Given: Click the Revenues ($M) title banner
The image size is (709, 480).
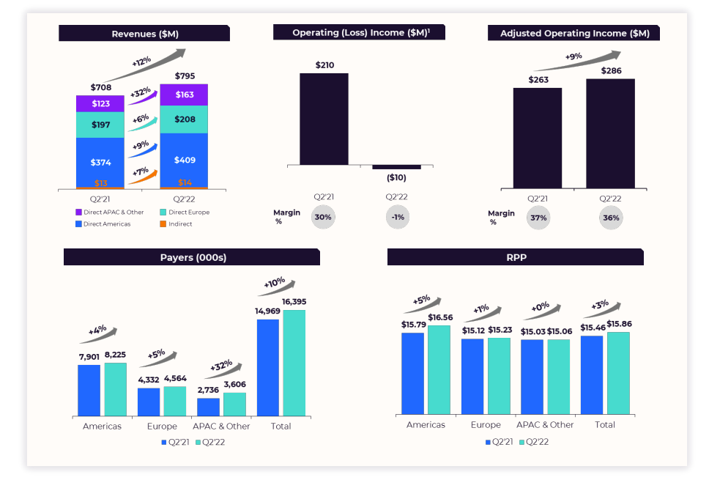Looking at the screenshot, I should [144, 34].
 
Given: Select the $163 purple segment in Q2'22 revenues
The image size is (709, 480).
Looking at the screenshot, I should [184, 95].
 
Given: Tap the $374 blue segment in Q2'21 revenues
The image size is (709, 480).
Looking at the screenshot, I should [100, 162].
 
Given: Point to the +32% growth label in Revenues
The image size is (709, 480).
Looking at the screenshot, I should [140, 93].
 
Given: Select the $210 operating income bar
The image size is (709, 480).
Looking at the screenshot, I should [324, 119].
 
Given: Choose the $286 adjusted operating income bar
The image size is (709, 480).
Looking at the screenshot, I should [610, 133].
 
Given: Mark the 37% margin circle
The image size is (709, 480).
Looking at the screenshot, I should [538, 218].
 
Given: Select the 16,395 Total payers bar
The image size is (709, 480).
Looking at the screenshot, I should [294, 363].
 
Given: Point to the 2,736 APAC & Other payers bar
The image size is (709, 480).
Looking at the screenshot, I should [208, 407].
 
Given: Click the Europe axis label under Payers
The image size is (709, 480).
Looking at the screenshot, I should [162, 427].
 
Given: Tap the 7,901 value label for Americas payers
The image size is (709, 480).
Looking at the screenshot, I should [89, 357].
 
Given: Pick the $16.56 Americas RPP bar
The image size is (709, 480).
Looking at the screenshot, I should [439, 369].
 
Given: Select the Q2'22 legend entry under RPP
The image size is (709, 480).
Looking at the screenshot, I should [533, 442].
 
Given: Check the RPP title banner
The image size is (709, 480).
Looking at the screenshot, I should [515, 256].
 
